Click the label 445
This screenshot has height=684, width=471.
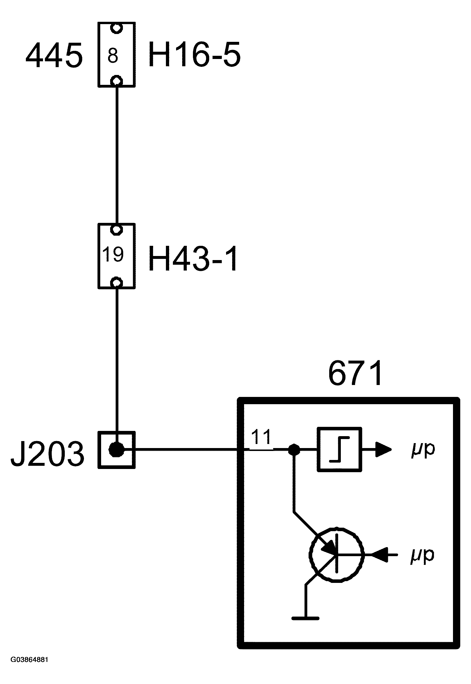tap(54, 55)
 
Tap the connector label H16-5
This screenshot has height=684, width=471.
tap(194, 55)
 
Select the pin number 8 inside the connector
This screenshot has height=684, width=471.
tap(113, 56)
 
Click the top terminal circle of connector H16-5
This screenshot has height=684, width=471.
tap(116, 28)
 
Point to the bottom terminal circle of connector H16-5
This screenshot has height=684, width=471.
tap(116, 80)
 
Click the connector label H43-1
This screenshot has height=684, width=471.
tap(193, 259)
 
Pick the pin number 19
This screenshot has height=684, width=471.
tap(113, 254)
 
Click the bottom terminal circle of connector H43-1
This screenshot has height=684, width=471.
tap(116, 283)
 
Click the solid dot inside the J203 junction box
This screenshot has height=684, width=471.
tap(116, 450)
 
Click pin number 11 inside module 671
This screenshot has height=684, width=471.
tap(261, 437)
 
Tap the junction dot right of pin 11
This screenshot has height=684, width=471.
tap(294, 450)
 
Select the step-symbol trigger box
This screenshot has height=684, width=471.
tap(339, 450)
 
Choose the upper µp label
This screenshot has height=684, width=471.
tap(423, 450)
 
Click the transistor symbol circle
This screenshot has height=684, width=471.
tap(336, 555)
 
